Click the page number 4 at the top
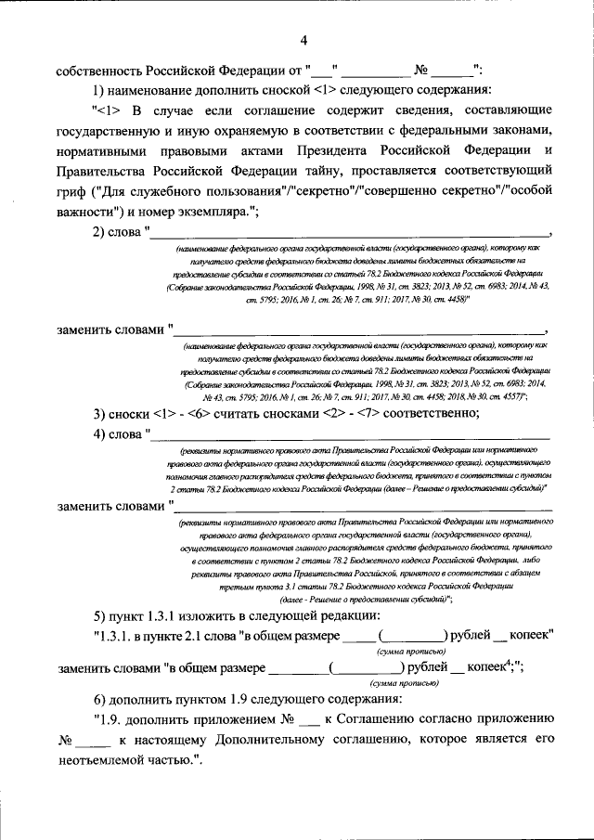[303, 39]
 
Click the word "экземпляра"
[218, 213]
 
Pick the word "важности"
[84, 213]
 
